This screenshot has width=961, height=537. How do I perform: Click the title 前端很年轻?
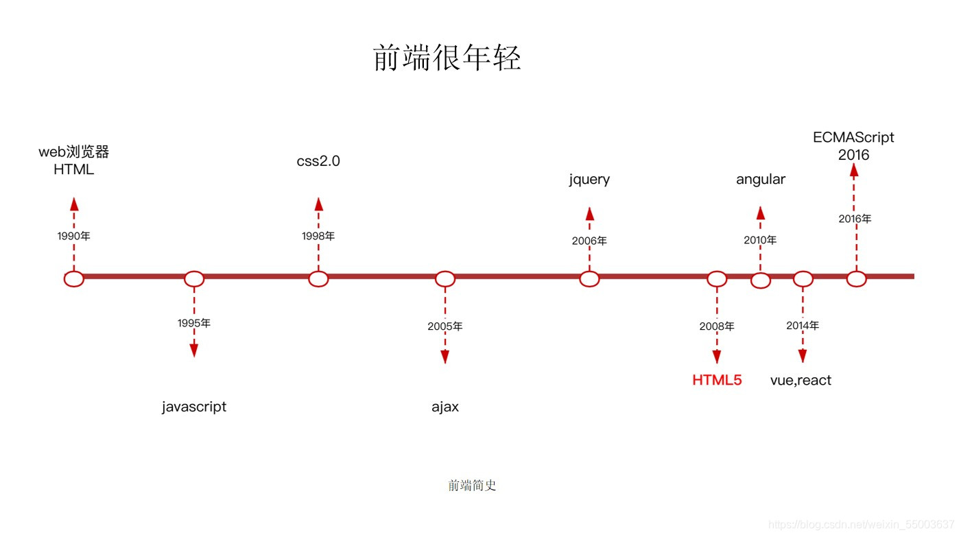point(447,58)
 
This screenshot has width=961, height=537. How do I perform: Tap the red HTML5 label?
point(717,380)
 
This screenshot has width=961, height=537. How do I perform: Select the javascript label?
point(194,407)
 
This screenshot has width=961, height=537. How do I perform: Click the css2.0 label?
point(318,162)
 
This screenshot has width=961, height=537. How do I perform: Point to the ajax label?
point(445,407)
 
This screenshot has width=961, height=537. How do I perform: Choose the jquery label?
point(589,180)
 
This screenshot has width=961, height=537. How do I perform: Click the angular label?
point(761,180)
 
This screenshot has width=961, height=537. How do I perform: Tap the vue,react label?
point(800,380)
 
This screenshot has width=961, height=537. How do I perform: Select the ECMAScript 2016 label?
point(853,146)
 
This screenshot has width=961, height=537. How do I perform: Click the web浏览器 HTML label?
point(73,161)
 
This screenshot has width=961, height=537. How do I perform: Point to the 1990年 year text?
point(73,236)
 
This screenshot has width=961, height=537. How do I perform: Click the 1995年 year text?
point(193,323)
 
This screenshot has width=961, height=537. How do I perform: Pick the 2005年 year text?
point(444,326)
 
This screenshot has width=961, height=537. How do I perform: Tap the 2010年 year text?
point(760,240)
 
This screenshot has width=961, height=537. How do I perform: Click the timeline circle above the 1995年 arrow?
point(194,279)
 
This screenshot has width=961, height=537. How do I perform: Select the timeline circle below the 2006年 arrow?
point(589,279)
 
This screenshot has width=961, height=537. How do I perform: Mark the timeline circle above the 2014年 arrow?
point(803,279)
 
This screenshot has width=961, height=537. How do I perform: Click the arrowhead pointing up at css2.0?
point(318,204)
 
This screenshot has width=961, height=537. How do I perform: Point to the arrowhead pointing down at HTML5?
point(717,357)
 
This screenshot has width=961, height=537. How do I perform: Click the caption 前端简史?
point(472,486)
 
